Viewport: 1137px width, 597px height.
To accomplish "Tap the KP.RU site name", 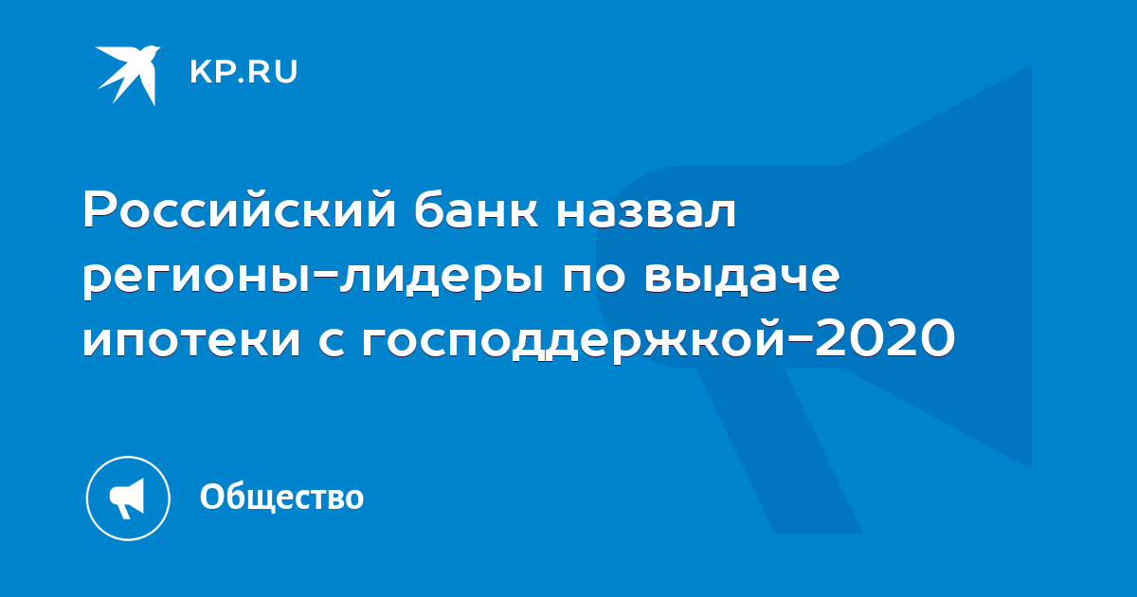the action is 244,72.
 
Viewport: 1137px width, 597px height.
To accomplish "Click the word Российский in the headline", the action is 240,209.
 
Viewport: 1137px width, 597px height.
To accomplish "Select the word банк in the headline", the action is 476,208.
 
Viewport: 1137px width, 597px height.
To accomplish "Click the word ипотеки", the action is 191,339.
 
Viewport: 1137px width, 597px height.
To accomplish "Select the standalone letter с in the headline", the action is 334,339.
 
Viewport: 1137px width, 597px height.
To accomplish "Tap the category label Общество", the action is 281,497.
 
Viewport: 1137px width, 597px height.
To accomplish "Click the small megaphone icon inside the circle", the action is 127,497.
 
